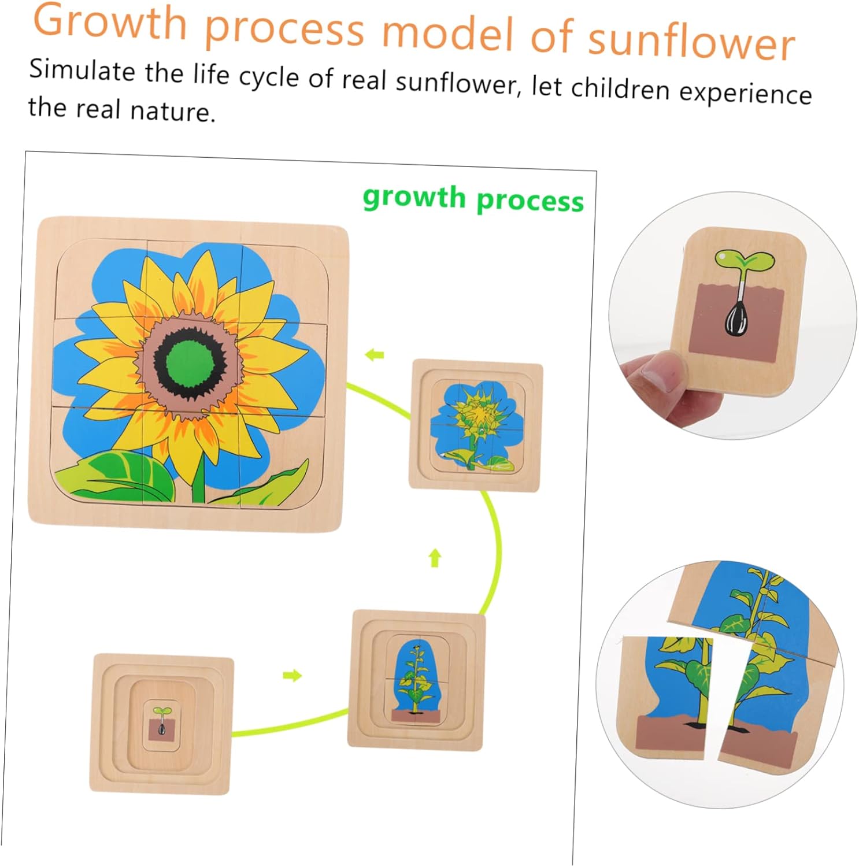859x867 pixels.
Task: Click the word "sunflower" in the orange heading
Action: [691, 42]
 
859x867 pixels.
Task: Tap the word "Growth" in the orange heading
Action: [110, 22]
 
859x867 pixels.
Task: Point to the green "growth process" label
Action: [473, 199]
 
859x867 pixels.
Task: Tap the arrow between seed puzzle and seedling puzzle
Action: [293, 675]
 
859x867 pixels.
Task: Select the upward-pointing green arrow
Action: [435, 558]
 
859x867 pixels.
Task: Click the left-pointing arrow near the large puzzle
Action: [375, 354]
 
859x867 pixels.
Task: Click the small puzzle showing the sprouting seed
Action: [161, 723]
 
